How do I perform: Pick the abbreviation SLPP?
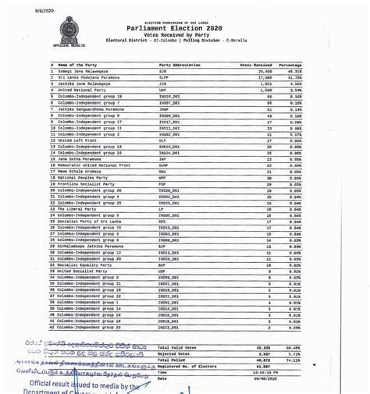pos(165,79)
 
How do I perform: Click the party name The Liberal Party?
pos(76,208)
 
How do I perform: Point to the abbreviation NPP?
pos(163,177)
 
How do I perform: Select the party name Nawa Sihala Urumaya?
pos(80,171)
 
